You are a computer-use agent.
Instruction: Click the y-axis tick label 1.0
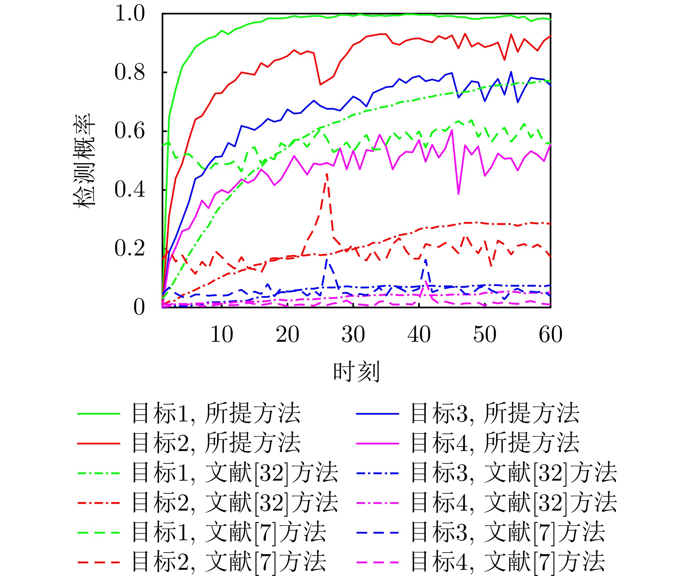130,14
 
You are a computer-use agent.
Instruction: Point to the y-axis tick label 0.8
130,72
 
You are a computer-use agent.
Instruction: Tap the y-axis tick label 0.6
130,131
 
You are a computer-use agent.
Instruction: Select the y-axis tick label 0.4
130,189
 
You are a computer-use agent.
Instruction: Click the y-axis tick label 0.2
130,248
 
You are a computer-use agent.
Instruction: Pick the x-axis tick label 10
222,334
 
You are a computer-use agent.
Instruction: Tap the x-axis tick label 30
353,334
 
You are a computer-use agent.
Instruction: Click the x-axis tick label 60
551,334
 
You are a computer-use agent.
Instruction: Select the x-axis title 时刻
357,372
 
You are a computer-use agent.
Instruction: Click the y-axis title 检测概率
85,161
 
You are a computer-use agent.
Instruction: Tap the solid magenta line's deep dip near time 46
459,193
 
